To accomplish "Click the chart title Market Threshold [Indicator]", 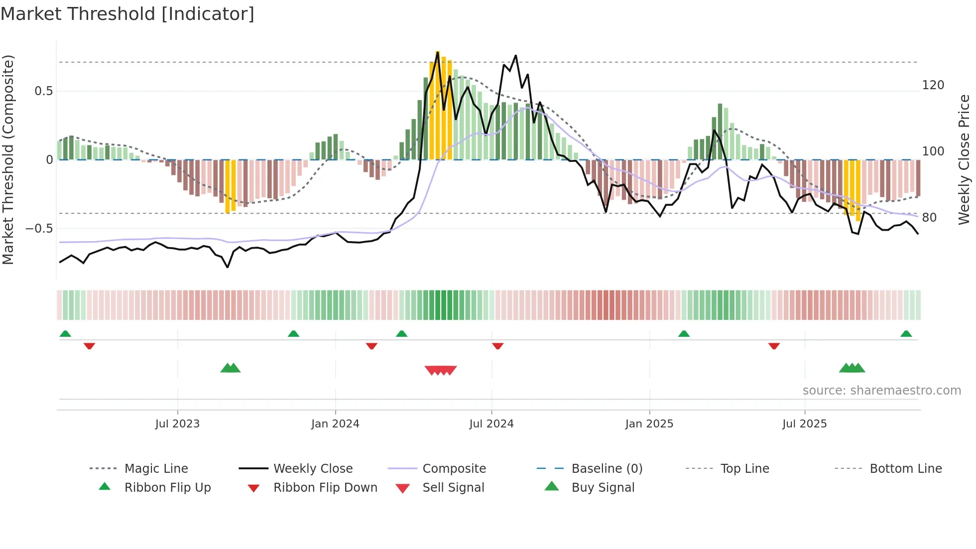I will point(127,14).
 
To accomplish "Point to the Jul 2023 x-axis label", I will point(177,424).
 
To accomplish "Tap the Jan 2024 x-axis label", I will point(335,424).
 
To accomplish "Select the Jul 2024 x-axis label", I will point(491,424).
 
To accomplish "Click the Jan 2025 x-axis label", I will point(649,424).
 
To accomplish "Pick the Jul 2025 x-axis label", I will point(804,424).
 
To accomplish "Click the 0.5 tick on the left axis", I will point(44,91).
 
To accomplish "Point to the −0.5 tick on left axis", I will point(40,229).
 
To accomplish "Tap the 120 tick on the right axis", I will point(933,85).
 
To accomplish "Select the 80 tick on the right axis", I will point(929,218).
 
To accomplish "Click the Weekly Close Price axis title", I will point(964,159).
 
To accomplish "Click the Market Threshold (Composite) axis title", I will point(8,159).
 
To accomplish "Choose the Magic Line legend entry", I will point(156,469).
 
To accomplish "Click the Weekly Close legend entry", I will point(313,469).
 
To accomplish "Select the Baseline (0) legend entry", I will point(607,469).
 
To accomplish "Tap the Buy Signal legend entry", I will point(603,488).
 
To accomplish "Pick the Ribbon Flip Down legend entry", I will point(325,488).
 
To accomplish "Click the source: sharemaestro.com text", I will point(881,391).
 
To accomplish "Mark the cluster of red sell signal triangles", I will point(441,370).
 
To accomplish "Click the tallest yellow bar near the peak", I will point(438,105).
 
